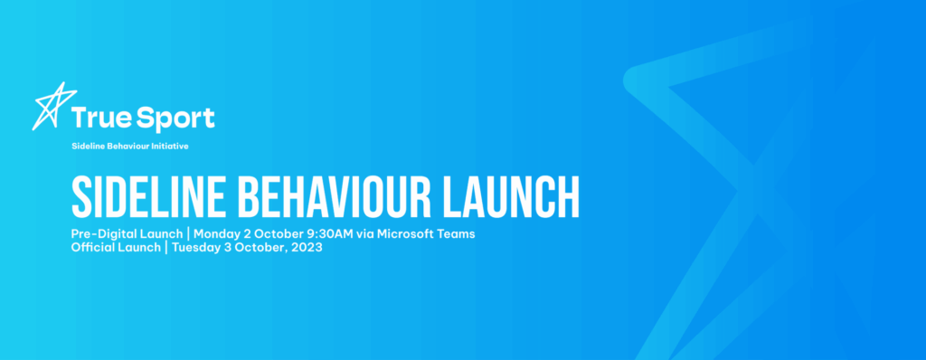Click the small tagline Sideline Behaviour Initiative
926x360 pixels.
[130, 146]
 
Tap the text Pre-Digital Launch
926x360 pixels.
[127, 234]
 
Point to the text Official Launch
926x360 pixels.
[116, 248]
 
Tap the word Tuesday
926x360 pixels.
[196, 248]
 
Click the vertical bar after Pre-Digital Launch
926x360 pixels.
[188, 234]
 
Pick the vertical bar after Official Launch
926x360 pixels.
[166, 248]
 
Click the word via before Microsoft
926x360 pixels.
[364, 234]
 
